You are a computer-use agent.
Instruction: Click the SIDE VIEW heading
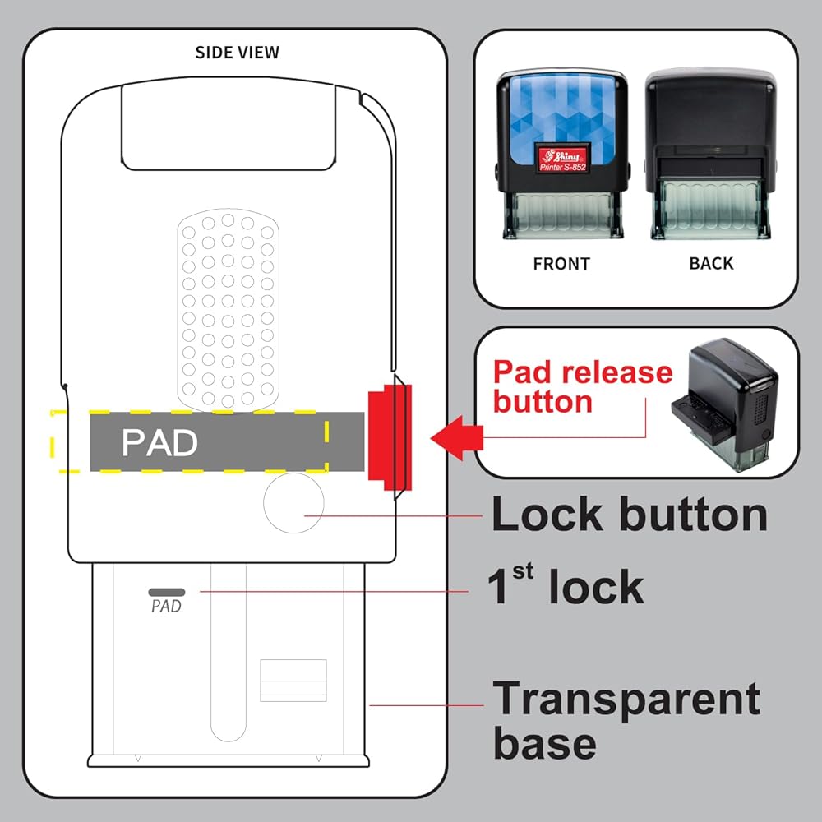point(237,53)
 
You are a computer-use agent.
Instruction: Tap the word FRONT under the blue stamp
point(561,264)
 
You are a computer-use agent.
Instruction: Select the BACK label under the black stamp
point(711,263)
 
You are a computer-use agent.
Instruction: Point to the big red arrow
point(456,438)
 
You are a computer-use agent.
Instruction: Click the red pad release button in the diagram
point(390,437)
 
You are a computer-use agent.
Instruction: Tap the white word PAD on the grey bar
point(159,442)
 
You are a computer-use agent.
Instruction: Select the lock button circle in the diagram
point(293,503)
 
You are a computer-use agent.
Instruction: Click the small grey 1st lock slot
point(167,592)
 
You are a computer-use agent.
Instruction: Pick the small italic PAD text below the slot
point(166,606)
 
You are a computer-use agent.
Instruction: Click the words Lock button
point(630,515)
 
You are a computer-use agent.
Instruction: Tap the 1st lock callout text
point(566,585)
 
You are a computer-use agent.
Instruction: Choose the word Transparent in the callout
point(626,699)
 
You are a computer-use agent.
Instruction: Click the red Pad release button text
point(583,386)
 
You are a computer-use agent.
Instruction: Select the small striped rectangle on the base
point(293,681)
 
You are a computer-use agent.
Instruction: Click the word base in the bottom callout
point(545,743)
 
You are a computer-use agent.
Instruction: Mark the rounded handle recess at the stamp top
point(229,126)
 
